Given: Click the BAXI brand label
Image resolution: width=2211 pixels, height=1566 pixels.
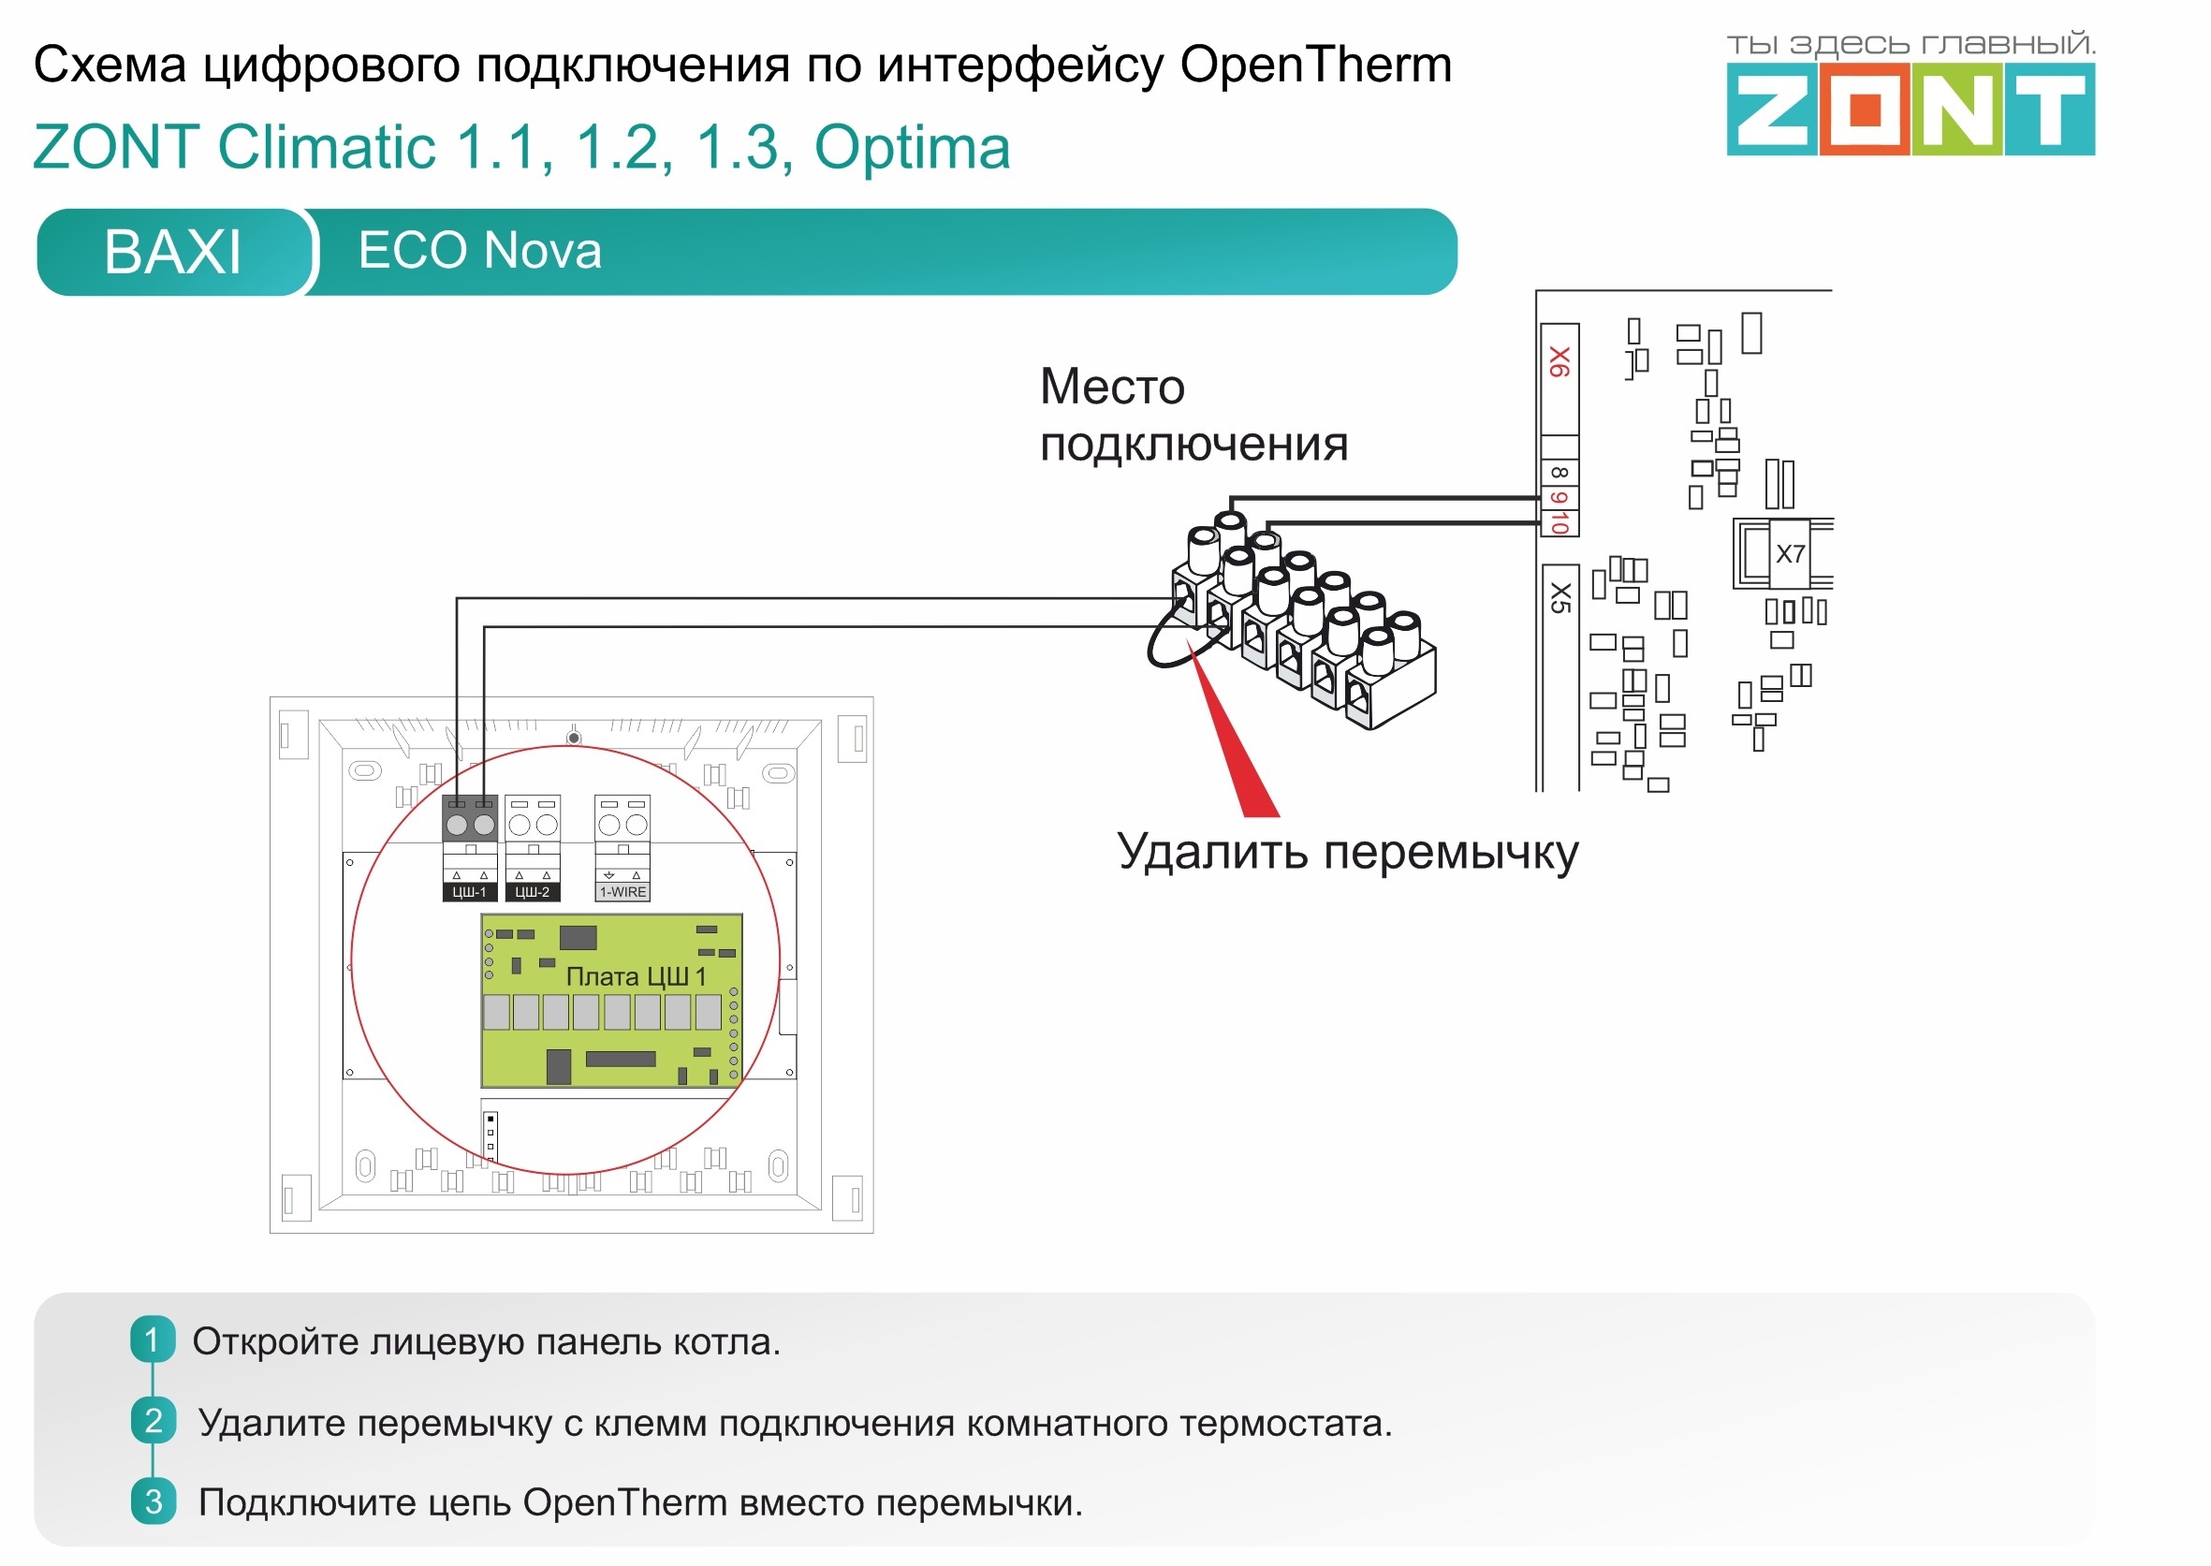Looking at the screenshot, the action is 171,252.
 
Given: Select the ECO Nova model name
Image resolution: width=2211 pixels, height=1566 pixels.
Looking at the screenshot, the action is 479,251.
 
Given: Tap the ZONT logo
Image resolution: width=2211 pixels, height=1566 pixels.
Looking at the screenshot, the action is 1910,109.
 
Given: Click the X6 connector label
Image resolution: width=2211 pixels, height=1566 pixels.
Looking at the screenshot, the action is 1559,362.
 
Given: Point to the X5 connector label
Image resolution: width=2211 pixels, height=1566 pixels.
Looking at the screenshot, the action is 1559,598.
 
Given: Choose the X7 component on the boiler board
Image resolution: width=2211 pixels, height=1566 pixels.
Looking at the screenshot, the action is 1790,553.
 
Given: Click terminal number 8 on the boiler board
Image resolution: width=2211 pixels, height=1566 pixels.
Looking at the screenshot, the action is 1559,473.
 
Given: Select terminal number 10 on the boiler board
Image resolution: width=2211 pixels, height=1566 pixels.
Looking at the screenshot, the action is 1559,522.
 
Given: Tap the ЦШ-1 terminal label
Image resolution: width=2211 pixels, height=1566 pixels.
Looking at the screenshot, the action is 470,892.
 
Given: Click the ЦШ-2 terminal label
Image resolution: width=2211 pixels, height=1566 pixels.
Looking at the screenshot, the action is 533,892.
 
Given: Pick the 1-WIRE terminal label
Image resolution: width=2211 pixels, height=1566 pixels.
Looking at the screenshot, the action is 622,892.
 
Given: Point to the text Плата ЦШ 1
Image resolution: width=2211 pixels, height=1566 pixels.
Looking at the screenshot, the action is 636,977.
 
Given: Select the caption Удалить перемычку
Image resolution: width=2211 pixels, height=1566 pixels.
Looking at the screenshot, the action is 1348,853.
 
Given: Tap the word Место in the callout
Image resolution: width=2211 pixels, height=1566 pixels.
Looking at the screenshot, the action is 1112,388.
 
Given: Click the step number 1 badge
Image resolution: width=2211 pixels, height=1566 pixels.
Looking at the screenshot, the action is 153,1339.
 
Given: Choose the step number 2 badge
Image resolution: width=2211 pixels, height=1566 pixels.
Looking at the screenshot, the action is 153,1420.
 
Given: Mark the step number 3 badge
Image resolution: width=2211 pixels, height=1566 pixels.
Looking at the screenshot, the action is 153,1501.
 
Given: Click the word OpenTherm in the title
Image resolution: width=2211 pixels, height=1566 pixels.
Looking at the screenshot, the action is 1315,66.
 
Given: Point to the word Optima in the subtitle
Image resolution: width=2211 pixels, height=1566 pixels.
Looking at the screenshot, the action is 912,148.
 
